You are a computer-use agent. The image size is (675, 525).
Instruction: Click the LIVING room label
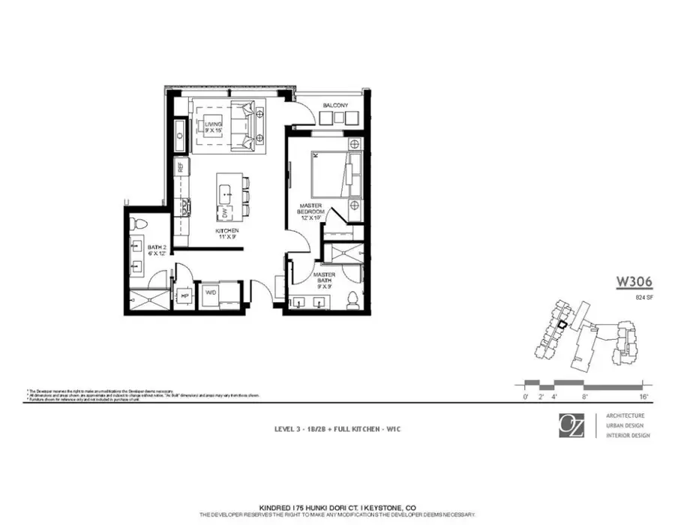(214, 126)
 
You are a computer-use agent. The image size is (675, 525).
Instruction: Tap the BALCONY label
(335, 106)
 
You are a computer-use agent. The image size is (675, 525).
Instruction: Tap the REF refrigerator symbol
(180, 167)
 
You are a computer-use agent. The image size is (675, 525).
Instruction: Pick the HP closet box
(184, 296)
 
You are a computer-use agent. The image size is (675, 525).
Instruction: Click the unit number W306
(634, 282)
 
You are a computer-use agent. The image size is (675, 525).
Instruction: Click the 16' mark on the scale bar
(643, 395)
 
